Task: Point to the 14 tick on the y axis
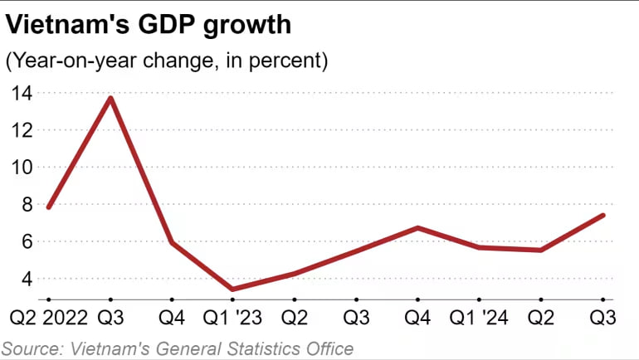point(22,93)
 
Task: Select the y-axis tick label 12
point(22,130)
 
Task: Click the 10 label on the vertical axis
point(22,168)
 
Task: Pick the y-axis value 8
point(27,205)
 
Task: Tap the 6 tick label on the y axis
point(27,242)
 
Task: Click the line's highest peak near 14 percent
point(110,98)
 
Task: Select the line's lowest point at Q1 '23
point(232,289)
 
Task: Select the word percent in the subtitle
point(291,61)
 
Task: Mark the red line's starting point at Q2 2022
point(49,207)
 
